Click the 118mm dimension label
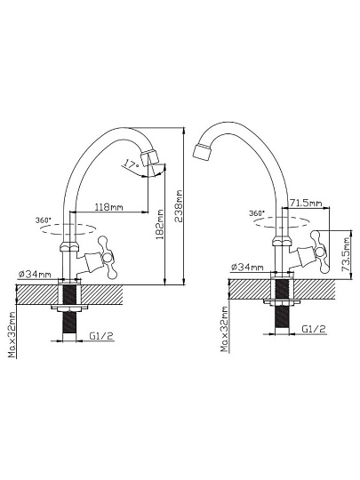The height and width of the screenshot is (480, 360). pos(108,207)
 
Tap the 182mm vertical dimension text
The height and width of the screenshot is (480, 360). pos(160,224)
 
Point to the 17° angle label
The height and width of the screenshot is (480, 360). pos(132,164)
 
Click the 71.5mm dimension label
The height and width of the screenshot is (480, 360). pos(306,203)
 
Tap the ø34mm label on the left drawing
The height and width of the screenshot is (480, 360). pos(35,274)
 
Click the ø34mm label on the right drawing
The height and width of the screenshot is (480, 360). pos(247,267)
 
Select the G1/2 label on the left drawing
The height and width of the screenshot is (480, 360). pos(101,336)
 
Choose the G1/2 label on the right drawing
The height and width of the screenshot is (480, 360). pos(314,329)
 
